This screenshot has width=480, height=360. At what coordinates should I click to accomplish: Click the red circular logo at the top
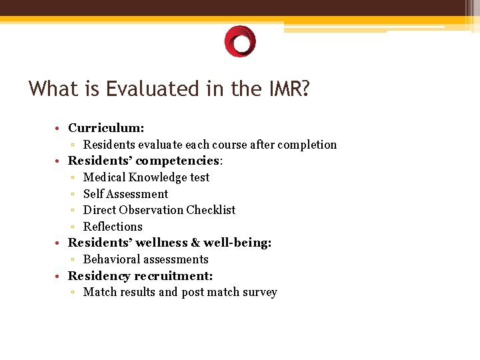point(240,41)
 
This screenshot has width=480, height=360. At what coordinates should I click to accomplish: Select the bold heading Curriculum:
point(106,127)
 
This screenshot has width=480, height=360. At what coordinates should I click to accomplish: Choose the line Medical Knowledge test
point(146,177)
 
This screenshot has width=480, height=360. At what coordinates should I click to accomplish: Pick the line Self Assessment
point(125,194)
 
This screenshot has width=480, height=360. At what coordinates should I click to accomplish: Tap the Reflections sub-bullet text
point(113,227)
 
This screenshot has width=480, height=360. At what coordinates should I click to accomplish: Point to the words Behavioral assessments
point(145,259)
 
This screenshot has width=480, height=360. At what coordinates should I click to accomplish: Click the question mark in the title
point(305,89)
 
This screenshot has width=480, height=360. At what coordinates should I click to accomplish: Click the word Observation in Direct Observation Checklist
point(150,210)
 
